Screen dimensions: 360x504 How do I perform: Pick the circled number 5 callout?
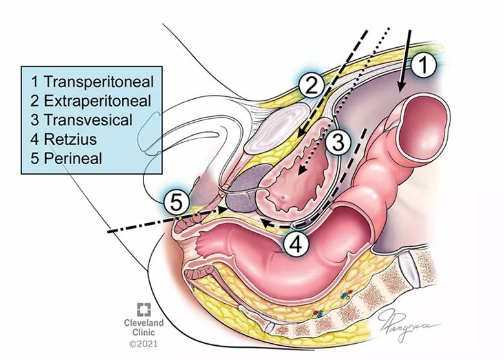(x=176, y=203)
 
